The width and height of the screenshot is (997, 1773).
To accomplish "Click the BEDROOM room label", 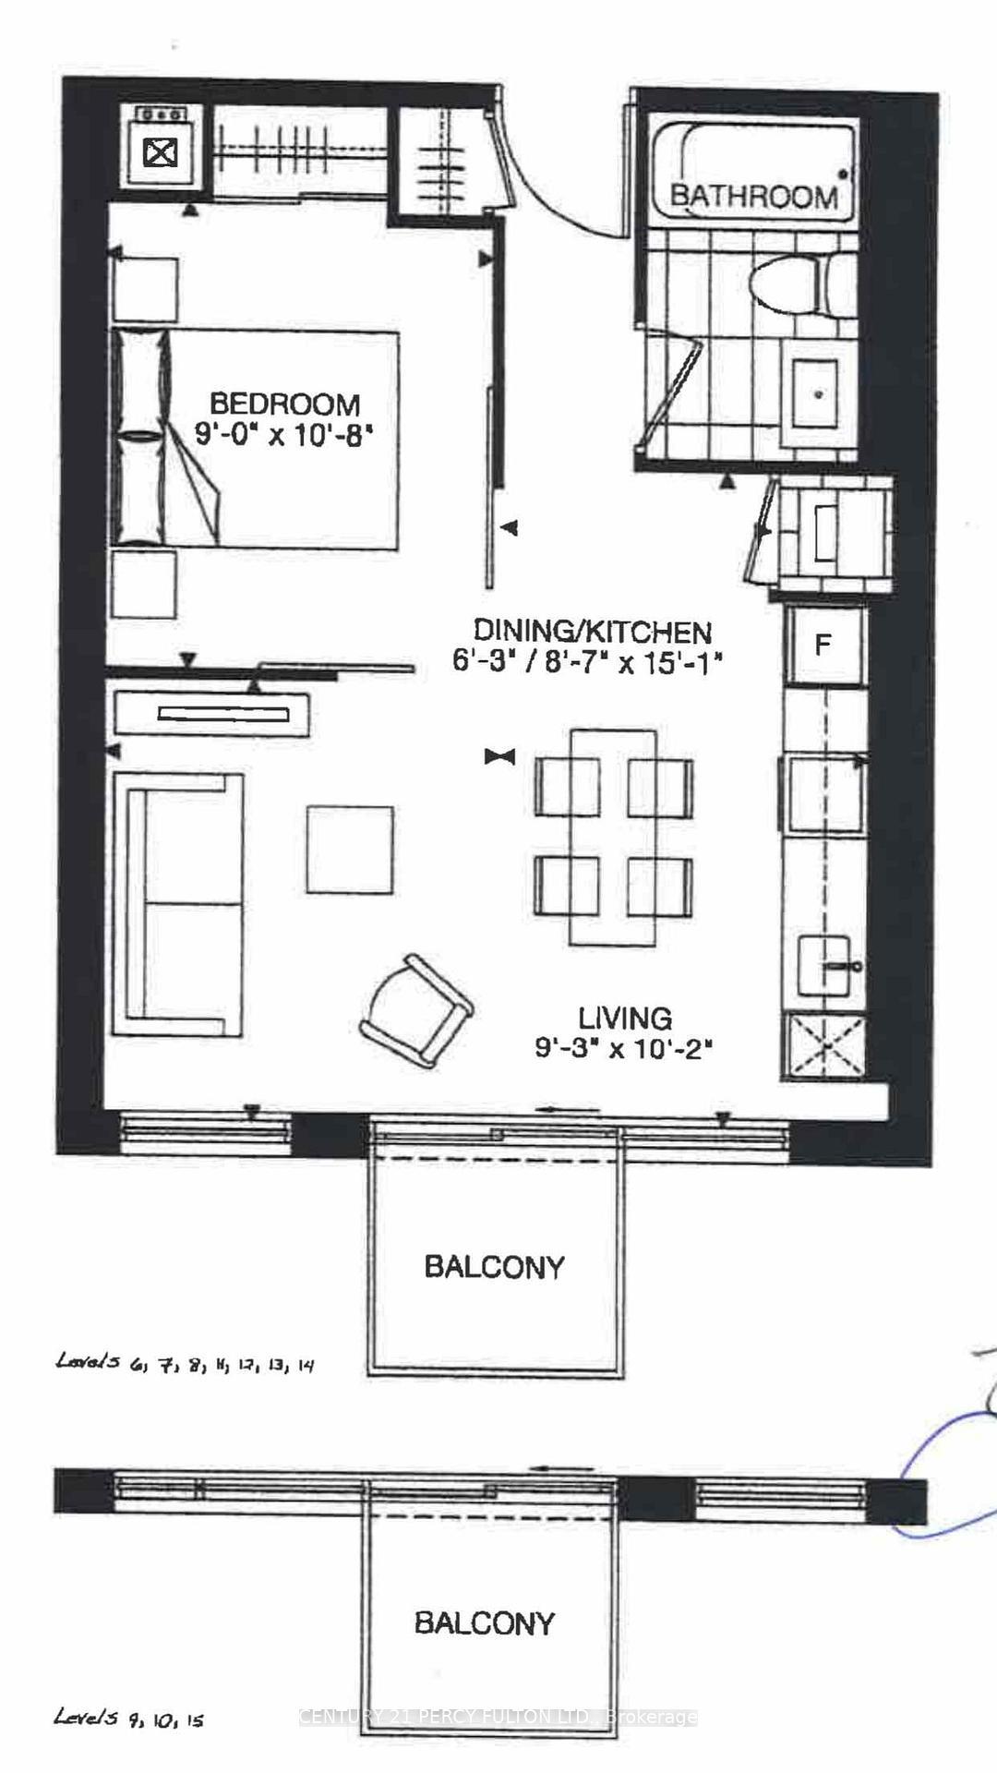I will (284, 404).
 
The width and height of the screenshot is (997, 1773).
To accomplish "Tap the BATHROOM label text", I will (753, 196).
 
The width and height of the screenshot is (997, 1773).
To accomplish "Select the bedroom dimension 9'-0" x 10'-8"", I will (283, 434).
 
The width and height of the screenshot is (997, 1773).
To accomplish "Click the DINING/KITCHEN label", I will (592, 632).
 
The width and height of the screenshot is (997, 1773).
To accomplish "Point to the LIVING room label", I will (625, 1019).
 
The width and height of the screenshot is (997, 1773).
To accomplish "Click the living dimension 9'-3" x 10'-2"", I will (625, 1048).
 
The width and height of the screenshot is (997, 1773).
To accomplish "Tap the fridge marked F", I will (823, 644).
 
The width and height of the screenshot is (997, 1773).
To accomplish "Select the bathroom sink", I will (817, 392).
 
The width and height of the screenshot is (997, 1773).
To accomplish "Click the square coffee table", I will (350, 850).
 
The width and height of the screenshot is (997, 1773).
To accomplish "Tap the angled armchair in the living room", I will (416, 1010).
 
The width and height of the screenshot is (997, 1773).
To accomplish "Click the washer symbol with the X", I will (161, 151).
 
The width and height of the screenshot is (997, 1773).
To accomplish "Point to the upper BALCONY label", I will (494, 1267).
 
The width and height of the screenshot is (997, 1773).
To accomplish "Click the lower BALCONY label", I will (484, 1622).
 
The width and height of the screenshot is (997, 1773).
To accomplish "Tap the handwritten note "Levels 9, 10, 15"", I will (128, 1717).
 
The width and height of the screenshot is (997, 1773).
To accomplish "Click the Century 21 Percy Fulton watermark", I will (498, 1717).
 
